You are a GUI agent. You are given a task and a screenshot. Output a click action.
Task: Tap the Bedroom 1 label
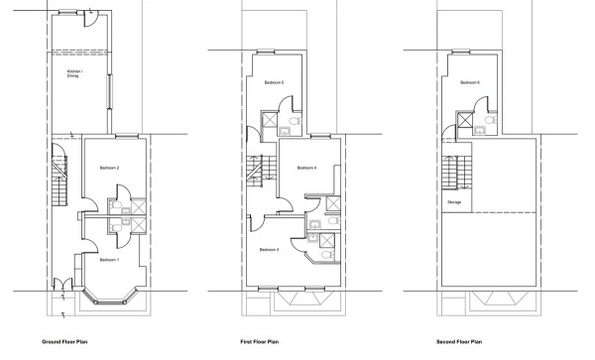109,260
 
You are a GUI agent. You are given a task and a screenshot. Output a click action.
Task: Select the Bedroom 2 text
110,169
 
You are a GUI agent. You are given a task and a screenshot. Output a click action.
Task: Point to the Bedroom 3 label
269,251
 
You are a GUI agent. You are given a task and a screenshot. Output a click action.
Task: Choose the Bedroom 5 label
274,82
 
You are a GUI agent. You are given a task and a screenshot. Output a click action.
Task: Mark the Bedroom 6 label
471,82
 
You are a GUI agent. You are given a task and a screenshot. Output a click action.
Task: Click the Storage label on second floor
454,201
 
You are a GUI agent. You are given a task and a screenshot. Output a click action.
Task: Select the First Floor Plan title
260,340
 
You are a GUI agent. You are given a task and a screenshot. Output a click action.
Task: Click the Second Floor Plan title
460,340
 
